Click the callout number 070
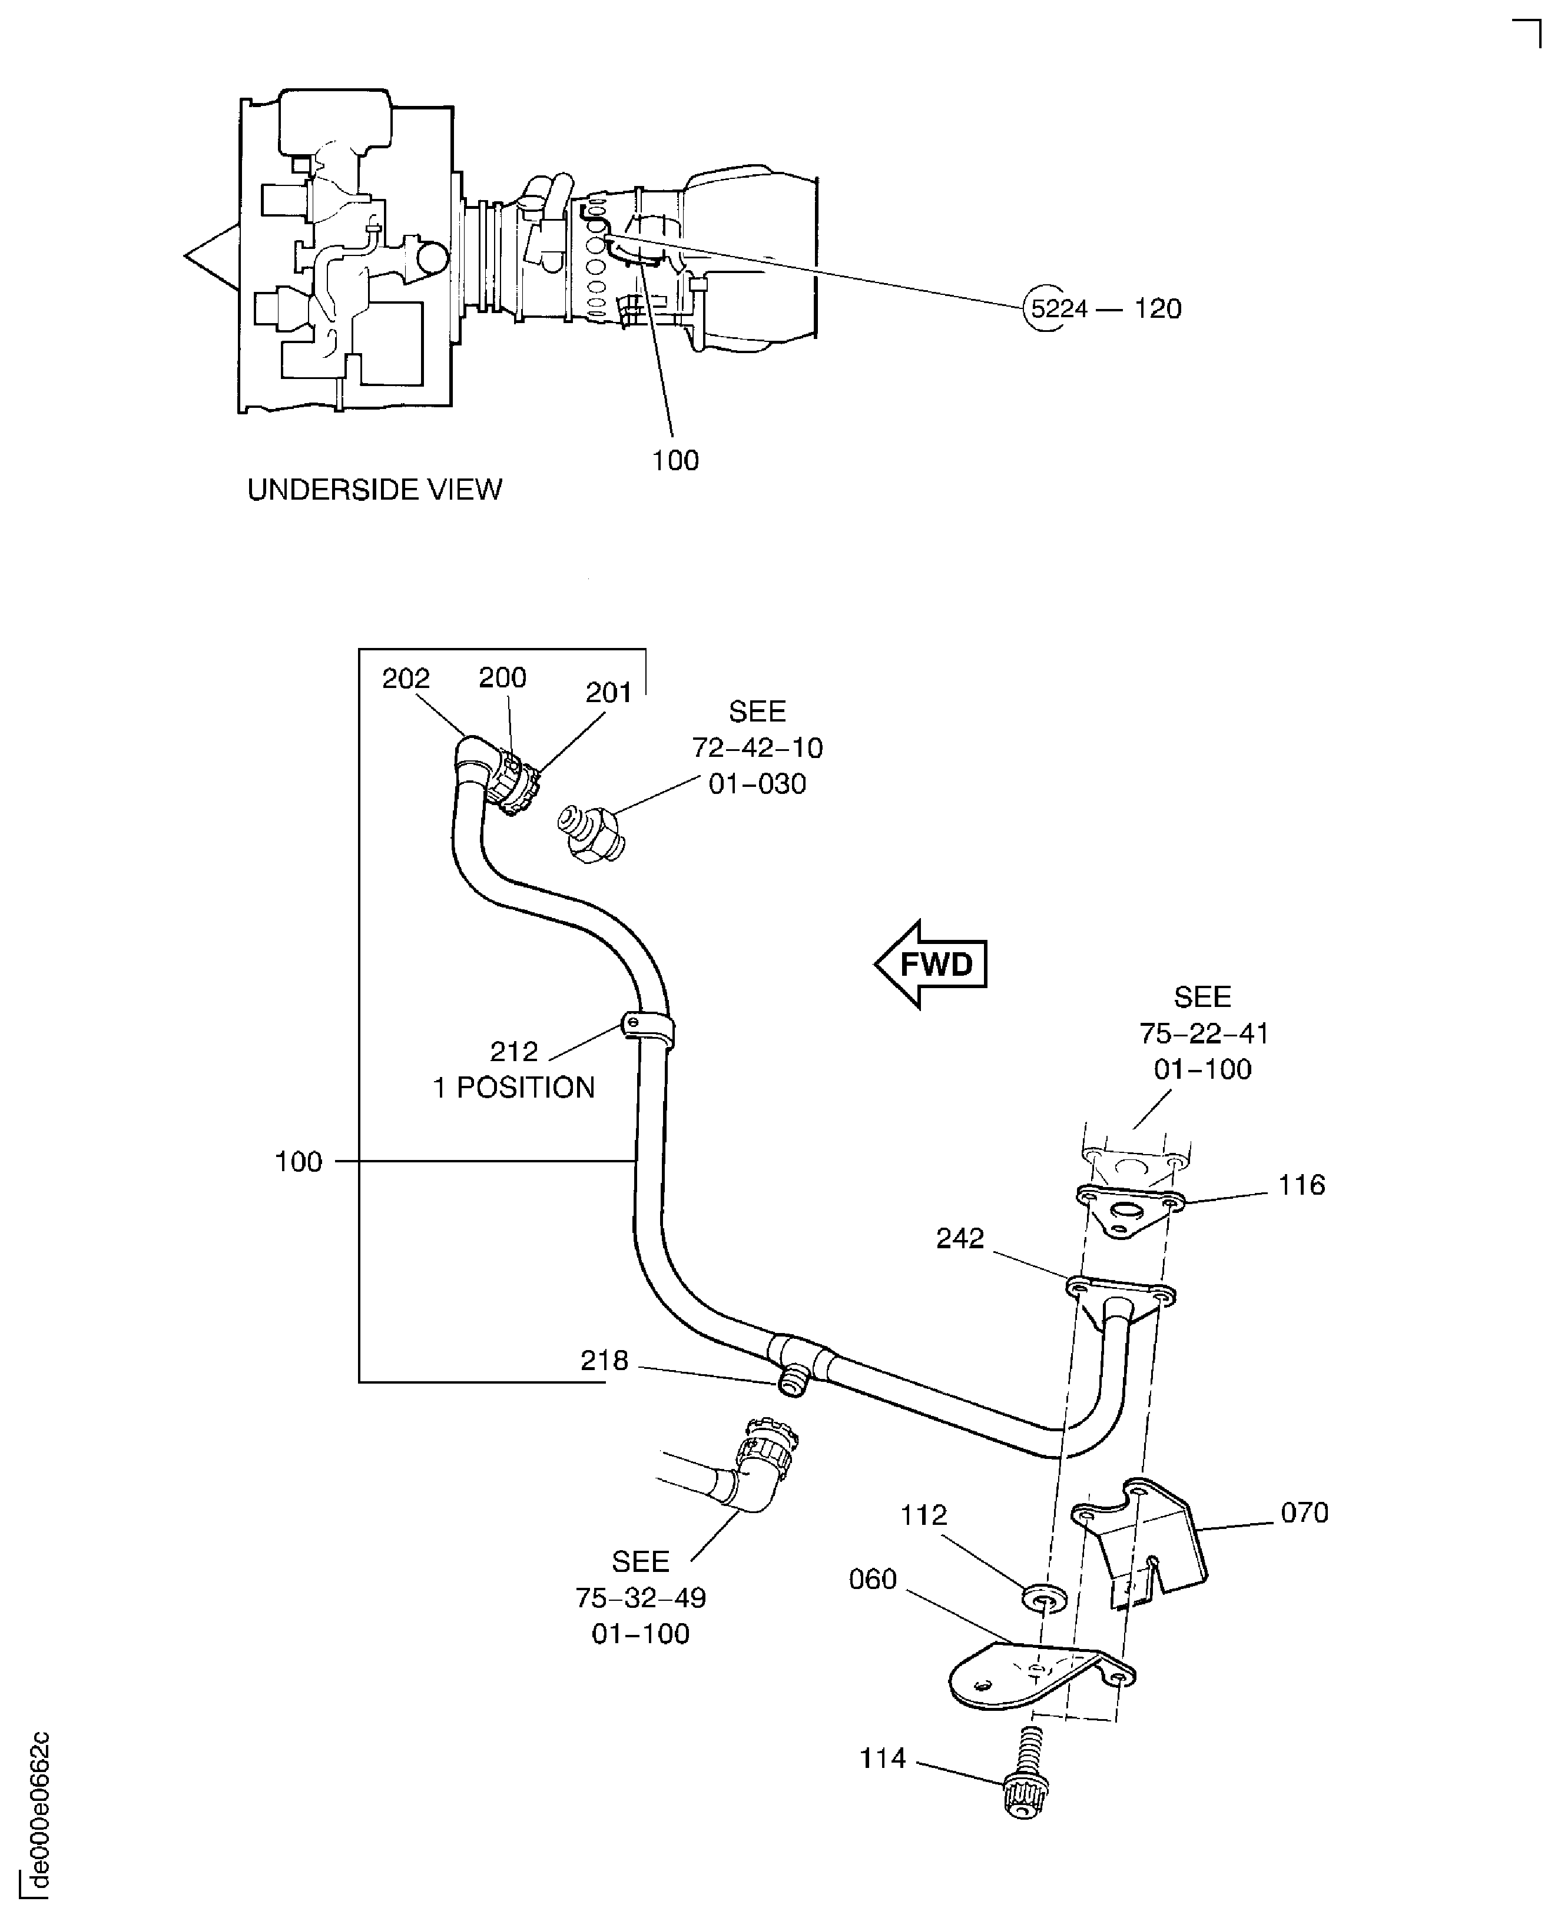click(1304, 1513)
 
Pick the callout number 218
click(604, 1361)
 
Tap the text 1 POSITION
click(513, 1088)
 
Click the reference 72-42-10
click(757, 748)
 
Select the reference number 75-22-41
click(1203, 1033)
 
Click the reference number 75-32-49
click(640, 1598)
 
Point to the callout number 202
click(406, 679)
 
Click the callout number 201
click(609, 692)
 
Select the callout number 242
click(959, 1238)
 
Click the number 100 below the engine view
click(675, 460)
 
